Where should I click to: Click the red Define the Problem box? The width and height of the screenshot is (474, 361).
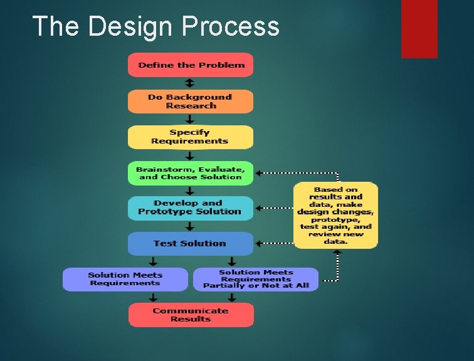point(191,65)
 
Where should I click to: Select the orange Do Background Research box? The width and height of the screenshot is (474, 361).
point(191,102)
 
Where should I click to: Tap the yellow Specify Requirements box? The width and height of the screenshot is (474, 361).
point(191,137)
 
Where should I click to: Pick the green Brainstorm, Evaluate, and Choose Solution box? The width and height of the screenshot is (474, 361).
point(191,173)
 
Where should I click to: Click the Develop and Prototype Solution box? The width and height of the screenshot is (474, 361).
point(191,207)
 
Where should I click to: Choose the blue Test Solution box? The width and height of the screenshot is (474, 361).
point(191,243)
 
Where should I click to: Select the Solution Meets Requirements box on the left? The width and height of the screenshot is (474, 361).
point(125,279)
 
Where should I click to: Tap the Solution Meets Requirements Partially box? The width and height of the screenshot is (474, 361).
point(256,280)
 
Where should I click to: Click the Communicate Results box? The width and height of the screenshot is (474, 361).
point(191,315)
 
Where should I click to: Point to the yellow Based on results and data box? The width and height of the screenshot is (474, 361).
point(335,216)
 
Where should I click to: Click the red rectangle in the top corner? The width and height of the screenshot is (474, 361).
point(419,28)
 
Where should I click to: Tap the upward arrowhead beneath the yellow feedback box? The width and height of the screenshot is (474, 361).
point(337,252)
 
